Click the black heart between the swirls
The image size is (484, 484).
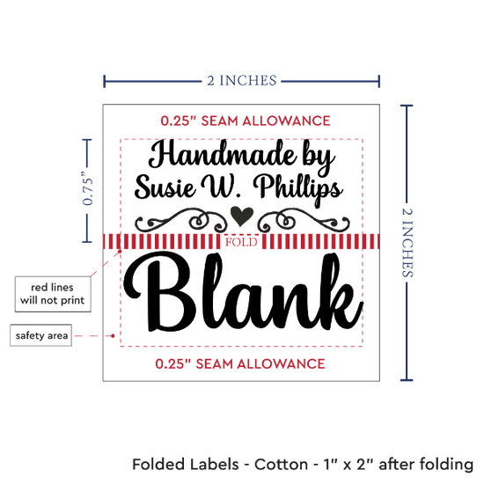coord(242,216)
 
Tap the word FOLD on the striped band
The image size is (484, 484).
coord(241,242)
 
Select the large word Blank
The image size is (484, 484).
coord(243,292)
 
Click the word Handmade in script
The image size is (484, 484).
coord(223,154)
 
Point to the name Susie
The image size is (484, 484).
coord(165,187)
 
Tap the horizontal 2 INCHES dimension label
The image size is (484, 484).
coord(242,81)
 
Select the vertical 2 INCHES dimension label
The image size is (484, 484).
coord(407,243)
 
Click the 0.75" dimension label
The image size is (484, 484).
coord(88,188)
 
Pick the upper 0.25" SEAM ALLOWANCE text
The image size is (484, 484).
coord(246,121)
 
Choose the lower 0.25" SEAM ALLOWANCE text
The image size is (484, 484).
coord(240,363)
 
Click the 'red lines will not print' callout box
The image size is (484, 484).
coord(53,294)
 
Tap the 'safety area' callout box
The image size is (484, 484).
coord(41,335)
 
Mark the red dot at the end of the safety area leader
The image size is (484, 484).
coord(113,336)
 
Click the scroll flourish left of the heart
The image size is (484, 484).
coord(181,220)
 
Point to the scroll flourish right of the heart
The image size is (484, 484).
coord(304,220)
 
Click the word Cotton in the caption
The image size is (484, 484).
coord(281,465)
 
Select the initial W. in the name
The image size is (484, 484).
coord(220,187)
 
